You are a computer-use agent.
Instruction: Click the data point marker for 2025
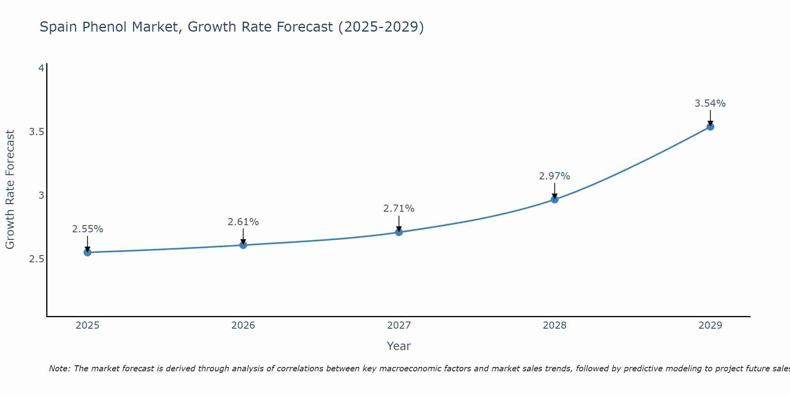click(x=88, y=252)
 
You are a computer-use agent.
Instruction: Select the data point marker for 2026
click(x=243, y=245)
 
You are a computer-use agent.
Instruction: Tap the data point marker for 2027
click(x=399, y=232)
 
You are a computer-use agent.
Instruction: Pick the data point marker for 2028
click(x=555, y=199)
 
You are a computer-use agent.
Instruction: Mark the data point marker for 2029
click(x=710, y=127)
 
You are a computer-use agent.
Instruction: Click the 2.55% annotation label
click(x=88, y=229)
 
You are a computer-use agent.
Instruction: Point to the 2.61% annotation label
click(x=243, y=222)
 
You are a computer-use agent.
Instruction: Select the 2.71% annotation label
click(x=399, y=208)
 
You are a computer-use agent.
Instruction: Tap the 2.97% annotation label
click(x=555, y=176)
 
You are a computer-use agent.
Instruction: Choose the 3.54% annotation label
click(x=710, y=103)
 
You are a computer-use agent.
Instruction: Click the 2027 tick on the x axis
click(x=399, y=325)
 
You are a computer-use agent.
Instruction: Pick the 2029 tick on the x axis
click(x=710, y=325)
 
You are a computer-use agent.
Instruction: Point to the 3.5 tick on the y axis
click(x=36, y=132)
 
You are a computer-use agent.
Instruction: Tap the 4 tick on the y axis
click(x=41, y=68)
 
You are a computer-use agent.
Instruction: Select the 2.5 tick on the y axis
click(x=36, y=259)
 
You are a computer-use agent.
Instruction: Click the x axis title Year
click(x=399, y=346)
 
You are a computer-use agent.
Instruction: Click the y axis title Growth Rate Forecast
click(x=10, y=190)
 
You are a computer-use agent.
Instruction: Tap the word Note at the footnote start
click(x=59, y=369)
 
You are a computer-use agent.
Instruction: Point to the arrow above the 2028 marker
click(x=555, y=191)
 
